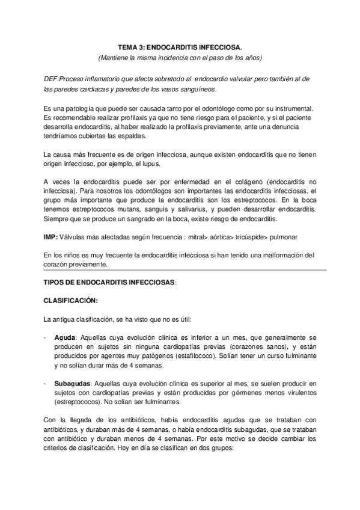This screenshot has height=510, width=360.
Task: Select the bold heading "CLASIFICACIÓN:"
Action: [x=71, y=300]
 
